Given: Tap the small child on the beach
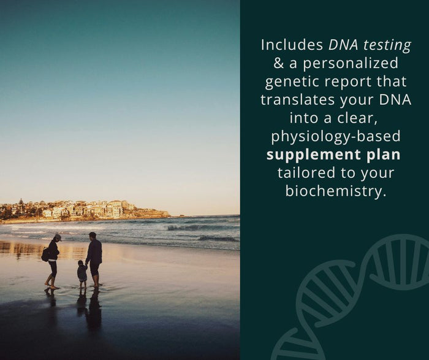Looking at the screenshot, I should pos(82,274).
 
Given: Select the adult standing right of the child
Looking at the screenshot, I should pos(94,258).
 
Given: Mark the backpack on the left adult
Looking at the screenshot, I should pos(45,254).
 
